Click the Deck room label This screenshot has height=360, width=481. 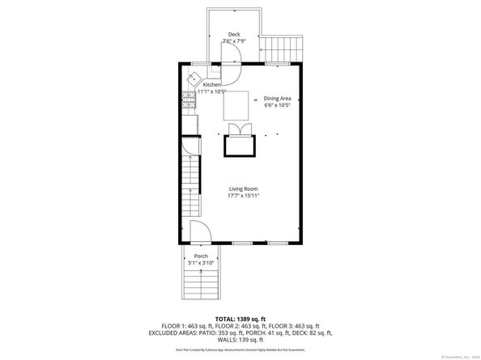pos(233,34)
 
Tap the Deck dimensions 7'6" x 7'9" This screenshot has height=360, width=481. pos(233,41)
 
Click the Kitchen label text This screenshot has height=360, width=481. pos(211,85)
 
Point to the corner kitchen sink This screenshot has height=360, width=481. pos(195,79)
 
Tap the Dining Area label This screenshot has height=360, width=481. pos(278,97)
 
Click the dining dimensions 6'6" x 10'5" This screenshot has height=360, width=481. pos(278,104)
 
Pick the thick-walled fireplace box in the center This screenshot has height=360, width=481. pos(240,146)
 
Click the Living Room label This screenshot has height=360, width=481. pos(243,188)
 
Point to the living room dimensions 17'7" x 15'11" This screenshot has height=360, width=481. pos(243,196)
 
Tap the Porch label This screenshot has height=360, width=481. pos(200,256)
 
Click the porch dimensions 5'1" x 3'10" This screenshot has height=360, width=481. pos(200,263)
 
